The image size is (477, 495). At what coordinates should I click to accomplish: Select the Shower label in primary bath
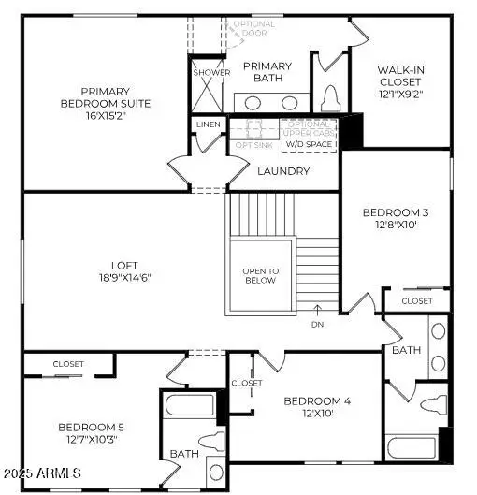click(x=210, y=72)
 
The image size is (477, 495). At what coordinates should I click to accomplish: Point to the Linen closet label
click(x=209, y=124)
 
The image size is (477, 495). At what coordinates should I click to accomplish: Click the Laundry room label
click(x=283, y=171)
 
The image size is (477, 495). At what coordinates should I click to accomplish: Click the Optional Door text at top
click(x=254, y=28)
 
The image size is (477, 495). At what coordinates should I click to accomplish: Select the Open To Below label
click(x=260, y=275)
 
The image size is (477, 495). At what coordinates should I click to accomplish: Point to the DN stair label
click(x=318, y=324)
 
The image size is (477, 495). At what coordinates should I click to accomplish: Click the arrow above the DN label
click(x=318, y=309)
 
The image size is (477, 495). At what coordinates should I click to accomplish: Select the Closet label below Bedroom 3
click(x=417, y=300)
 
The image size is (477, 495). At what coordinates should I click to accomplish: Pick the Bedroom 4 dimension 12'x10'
click(x=318, y=414)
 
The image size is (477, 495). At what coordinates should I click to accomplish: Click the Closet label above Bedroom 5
click(x=68, y=363)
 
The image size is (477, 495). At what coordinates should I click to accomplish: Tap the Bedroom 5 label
click(x=90, y=427)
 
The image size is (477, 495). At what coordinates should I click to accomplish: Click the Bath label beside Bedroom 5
click(x=182, y=454)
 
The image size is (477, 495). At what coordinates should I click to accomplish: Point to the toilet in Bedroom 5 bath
click(x=210, y=441)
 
